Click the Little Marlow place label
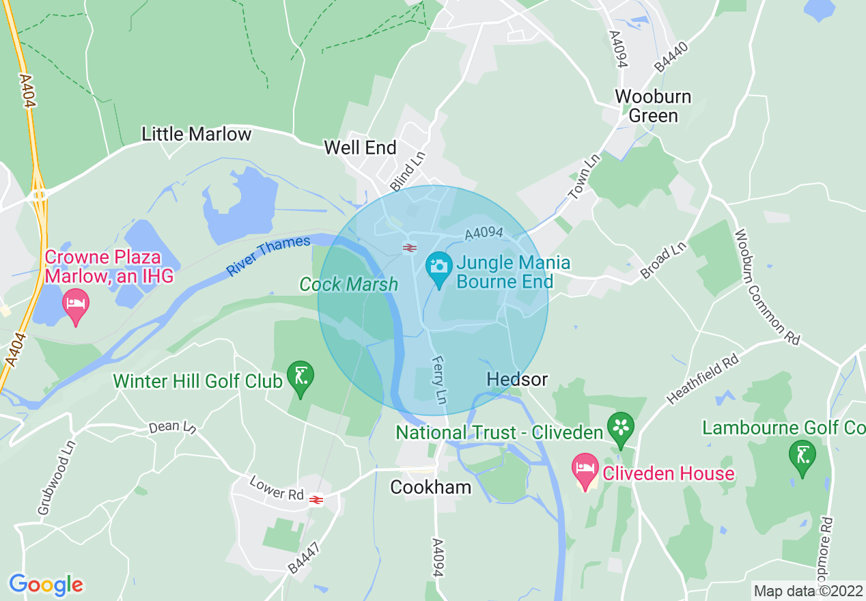click(x=196, y=134)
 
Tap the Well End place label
click(x=360, y=148)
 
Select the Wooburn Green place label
click(x=653, y=106)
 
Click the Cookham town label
click(x=430, y=487)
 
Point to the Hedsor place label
click(x=517, y=379)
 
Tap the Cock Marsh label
click(x=348, y=284)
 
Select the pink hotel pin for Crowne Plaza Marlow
click(x=75, y=307)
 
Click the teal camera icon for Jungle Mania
click(x=438, y=264)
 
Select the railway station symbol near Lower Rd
click(x=316, y=500)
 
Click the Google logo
click(x=46, y=585)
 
